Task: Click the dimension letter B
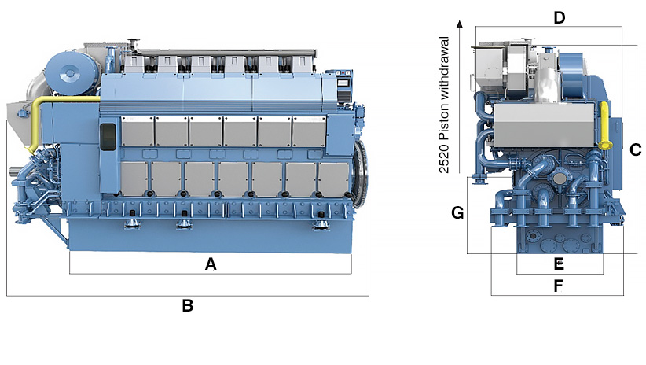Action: pos(187,306)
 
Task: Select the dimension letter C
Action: pos(636,149)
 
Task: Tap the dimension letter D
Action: pos(560,17)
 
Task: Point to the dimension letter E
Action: pos(559,264)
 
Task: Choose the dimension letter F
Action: pos(558,286)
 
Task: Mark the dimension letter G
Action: pos(457,212)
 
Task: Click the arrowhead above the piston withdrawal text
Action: pos(459,24)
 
